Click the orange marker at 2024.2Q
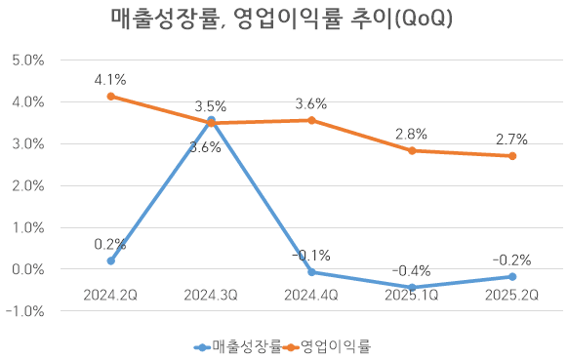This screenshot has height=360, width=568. click(x=110, y=96)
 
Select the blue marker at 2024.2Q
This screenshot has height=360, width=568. click(x=110, y=260)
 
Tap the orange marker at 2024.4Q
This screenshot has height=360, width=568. click(x=311, y=120)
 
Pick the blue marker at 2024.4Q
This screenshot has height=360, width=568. click(x=311, y=272)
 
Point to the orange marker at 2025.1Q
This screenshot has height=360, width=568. click(x=412, y=150)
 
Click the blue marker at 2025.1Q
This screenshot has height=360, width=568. click(x=412, y=287)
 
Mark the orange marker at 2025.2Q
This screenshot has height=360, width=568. click(x=512, y=156)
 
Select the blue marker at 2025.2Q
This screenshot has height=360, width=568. click(x=512, y=277)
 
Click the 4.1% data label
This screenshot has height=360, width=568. click(x=110, y=79)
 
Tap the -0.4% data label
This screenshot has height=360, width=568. click(x=412, y=270)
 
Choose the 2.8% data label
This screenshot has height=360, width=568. click(x=412, y=134)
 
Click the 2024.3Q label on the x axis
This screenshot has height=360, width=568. click(x=211, y=294)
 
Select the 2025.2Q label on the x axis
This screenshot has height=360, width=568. click(x=512, y=294)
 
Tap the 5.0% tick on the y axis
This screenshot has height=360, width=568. click(x=26, y=60)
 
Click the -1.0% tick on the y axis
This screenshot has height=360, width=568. click(x=26, y=311)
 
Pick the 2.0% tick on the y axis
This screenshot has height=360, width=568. click(x=26, y=185)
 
